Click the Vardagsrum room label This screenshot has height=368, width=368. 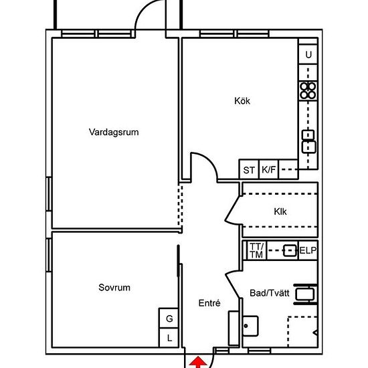(x=114, y=132)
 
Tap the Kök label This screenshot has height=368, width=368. (x=242, y=101)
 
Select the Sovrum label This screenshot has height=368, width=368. (x=114, y=288)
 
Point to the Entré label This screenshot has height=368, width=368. (x=209, y=303)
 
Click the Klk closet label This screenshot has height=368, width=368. (x=280, y=211)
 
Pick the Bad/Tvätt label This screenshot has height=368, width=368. (x=270, y=293)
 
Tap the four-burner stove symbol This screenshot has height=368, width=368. (x=308, y=91)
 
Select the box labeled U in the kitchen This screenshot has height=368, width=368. (x=308, y=54)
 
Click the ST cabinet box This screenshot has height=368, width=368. (x=249, y=169)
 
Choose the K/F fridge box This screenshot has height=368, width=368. (x=268, y=169)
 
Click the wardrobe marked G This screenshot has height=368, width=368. (x=169, y=318)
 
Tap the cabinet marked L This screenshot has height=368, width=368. (x=169, y=338)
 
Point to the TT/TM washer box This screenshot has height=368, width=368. (x=256, y=251)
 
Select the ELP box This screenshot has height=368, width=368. (x=308, y=251)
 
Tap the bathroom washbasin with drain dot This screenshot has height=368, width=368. (x=250, y=326)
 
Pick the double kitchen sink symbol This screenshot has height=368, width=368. (x=308, y=142)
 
